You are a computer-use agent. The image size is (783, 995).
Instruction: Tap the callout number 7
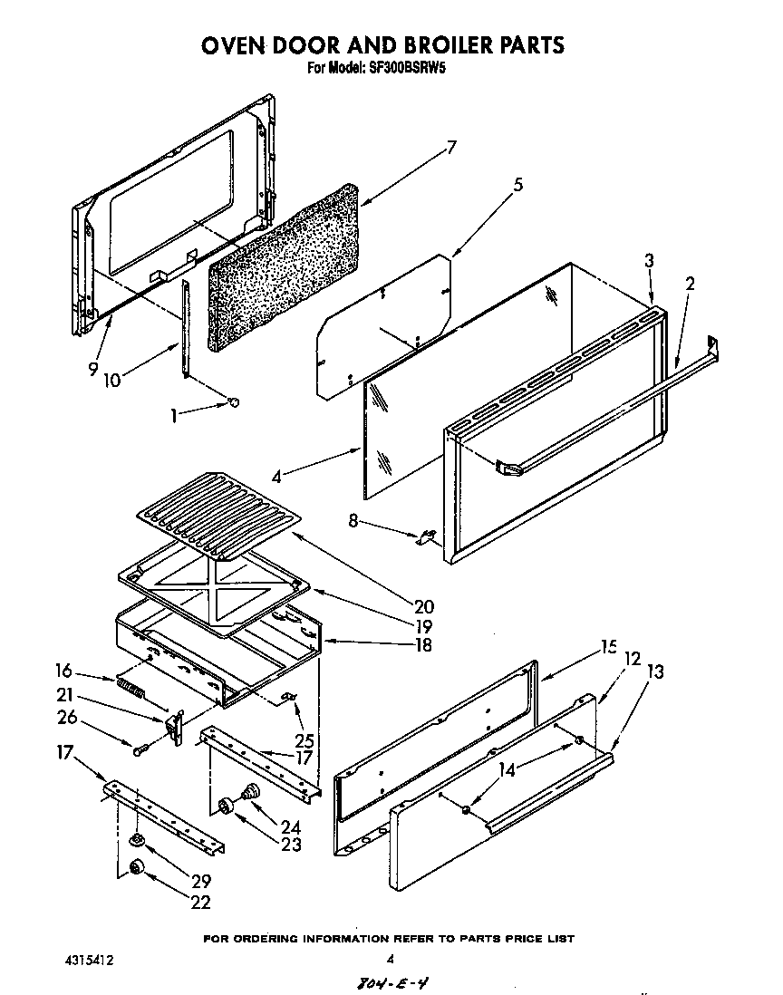[450, 149]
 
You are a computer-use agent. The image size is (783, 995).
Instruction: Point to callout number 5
[517, 185]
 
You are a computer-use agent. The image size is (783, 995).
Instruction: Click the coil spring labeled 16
[130, 687]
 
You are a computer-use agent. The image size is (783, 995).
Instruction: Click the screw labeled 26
[139, 749]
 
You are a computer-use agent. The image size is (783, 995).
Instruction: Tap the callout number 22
[200, 902]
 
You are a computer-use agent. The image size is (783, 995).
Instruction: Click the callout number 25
[304, 716]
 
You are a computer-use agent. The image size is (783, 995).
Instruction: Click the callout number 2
[691, 284]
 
